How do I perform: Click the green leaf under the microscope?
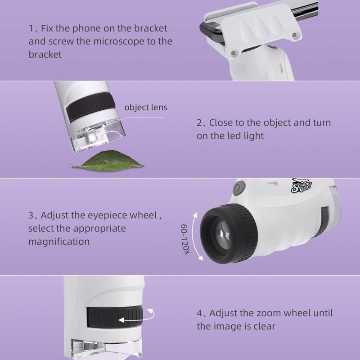pyautogui.click(x=107, y=161)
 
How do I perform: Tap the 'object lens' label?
pyautogui.click(x=146, y=108)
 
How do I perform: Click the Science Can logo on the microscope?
pyautogui.click(x=301, y=185)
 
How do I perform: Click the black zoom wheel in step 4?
pyautogui.click(x=115, y=317)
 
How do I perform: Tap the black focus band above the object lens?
pyautogui.click(x=91, y=107)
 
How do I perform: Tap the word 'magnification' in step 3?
pyautogui.click(x=59, y=242)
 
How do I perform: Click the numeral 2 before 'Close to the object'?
pyautogui.click(x=199, y=123)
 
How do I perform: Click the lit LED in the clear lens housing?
pyautogui.click(x=93, y=138)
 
